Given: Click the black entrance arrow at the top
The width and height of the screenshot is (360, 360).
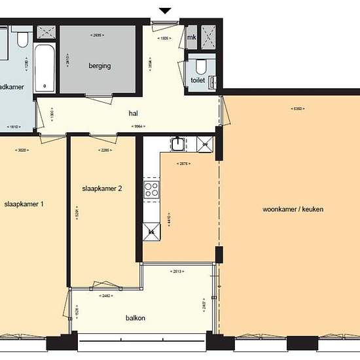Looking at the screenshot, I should [x=166, y=10].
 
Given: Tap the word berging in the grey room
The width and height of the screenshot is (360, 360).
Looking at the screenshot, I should [x=100, y=66].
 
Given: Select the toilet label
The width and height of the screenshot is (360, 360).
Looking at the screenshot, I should [x=198, y=81].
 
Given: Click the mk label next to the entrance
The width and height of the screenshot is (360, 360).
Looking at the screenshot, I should [x=192, y=37].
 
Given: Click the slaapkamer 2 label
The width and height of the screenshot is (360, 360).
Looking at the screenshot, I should [x=103, y=189].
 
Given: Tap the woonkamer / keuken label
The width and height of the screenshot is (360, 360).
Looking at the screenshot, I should [x=293, y=209].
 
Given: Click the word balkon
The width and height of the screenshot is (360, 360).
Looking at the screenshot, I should [x=135, y=319].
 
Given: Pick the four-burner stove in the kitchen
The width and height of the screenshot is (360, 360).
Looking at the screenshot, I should [x=152, y=190].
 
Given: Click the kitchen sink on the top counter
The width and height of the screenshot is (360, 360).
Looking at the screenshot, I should [x=179, y=143].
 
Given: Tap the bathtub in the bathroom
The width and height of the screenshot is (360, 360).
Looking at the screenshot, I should [x=44, y=67].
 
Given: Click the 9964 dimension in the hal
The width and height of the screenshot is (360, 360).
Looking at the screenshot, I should [x=137, y=126].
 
